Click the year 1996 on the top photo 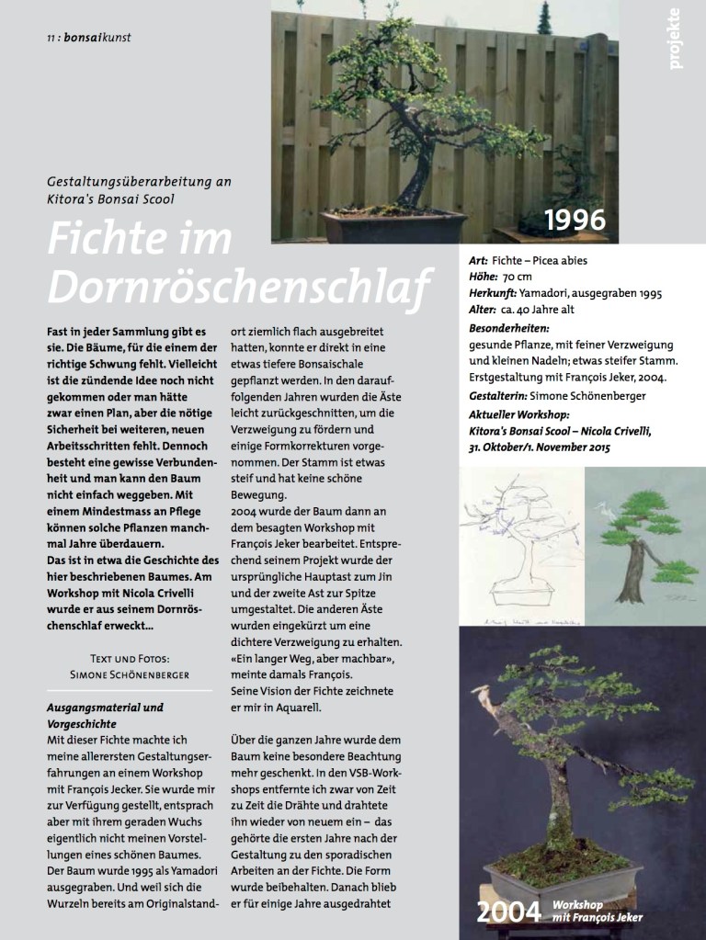pyautogui.click(x=576, y=221)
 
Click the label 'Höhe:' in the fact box pyautogui.click(x=484, y=276)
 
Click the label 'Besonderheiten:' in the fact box pyautogui.click(x=509, y=327)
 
